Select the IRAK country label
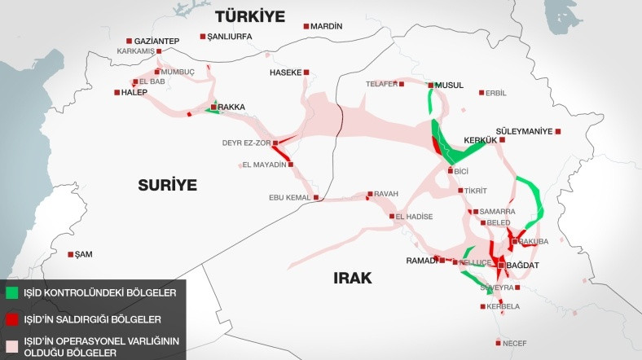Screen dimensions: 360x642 [x=352, y=278]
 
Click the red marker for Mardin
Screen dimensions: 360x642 [x=306, y=27]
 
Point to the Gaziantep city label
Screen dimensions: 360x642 [x=157, y=41]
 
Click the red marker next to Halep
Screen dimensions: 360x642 [x=116, y=92]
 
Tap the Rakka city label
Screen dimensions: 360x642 [x=231, y=107]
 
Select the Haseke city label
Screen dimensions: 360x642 [x=285, y=72]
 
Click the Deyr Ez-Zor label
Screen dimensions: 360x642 [x=245, y=143]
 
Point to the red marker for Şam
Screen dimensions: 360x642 [x=70, y=254]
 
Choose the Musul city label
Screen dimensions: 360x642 [x=449, y=85]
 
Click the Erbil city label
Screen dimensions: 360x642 [x=495, y=93]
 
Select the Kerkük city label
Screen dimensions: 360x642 [x=480, y=140]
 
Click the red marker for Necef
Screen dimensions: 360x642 [x=497, y=343]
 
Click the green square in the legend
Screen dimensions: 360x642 [x=11, y=291]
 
